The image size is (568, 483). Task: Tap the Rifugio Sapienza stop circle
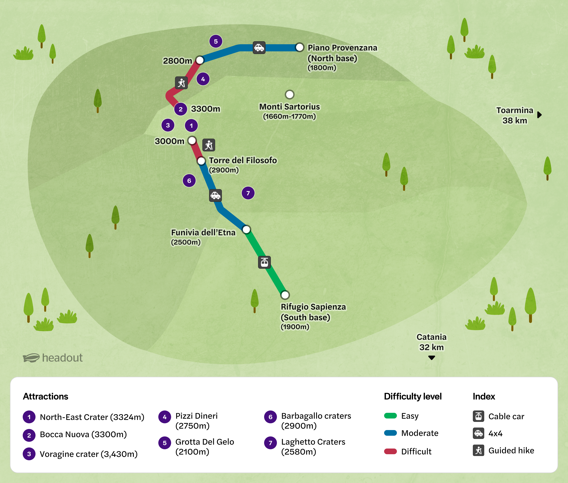(x=285, y=295)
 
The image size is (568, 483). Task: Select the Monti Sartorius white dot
(x=290, y=95)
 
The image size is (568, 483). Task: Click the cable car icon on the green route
(x=264, y=262)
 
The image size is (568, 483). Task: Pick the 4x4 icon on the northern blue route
(x=259, y=48)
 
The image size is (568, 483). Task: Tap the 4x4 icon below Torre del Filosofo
(x=215, y=195)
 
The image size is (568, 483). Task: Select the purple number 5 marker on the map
(x=216, y=41)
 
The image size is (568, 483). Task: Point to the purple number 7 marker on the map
(x=248, y=193)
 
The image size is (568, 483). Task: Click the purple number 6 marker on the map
(x=189, y=181)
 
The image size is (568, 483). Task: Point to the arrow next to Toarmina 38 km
(x=539, y=115)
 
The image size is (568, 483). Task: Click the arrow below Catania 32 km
(x=432, y=358)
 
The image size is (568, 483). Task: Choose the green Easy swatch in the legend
(x=390, y=416)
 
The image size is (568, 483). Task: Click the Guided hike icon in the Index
(x=478, y=450)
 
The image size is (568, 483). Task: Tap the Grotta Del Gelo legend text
(x=204, y=447)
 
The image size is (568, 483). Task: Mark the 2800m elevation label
(x=177, y=61)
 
